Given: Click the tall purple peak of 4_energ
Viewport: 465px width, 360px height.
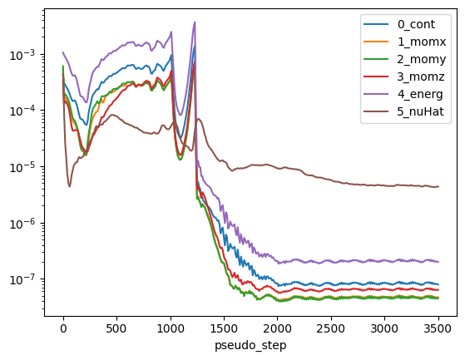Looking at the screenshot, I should (195, 23).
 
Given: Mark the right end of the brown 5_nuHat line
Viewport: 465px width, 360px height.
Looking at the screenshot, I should (438, 186).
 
